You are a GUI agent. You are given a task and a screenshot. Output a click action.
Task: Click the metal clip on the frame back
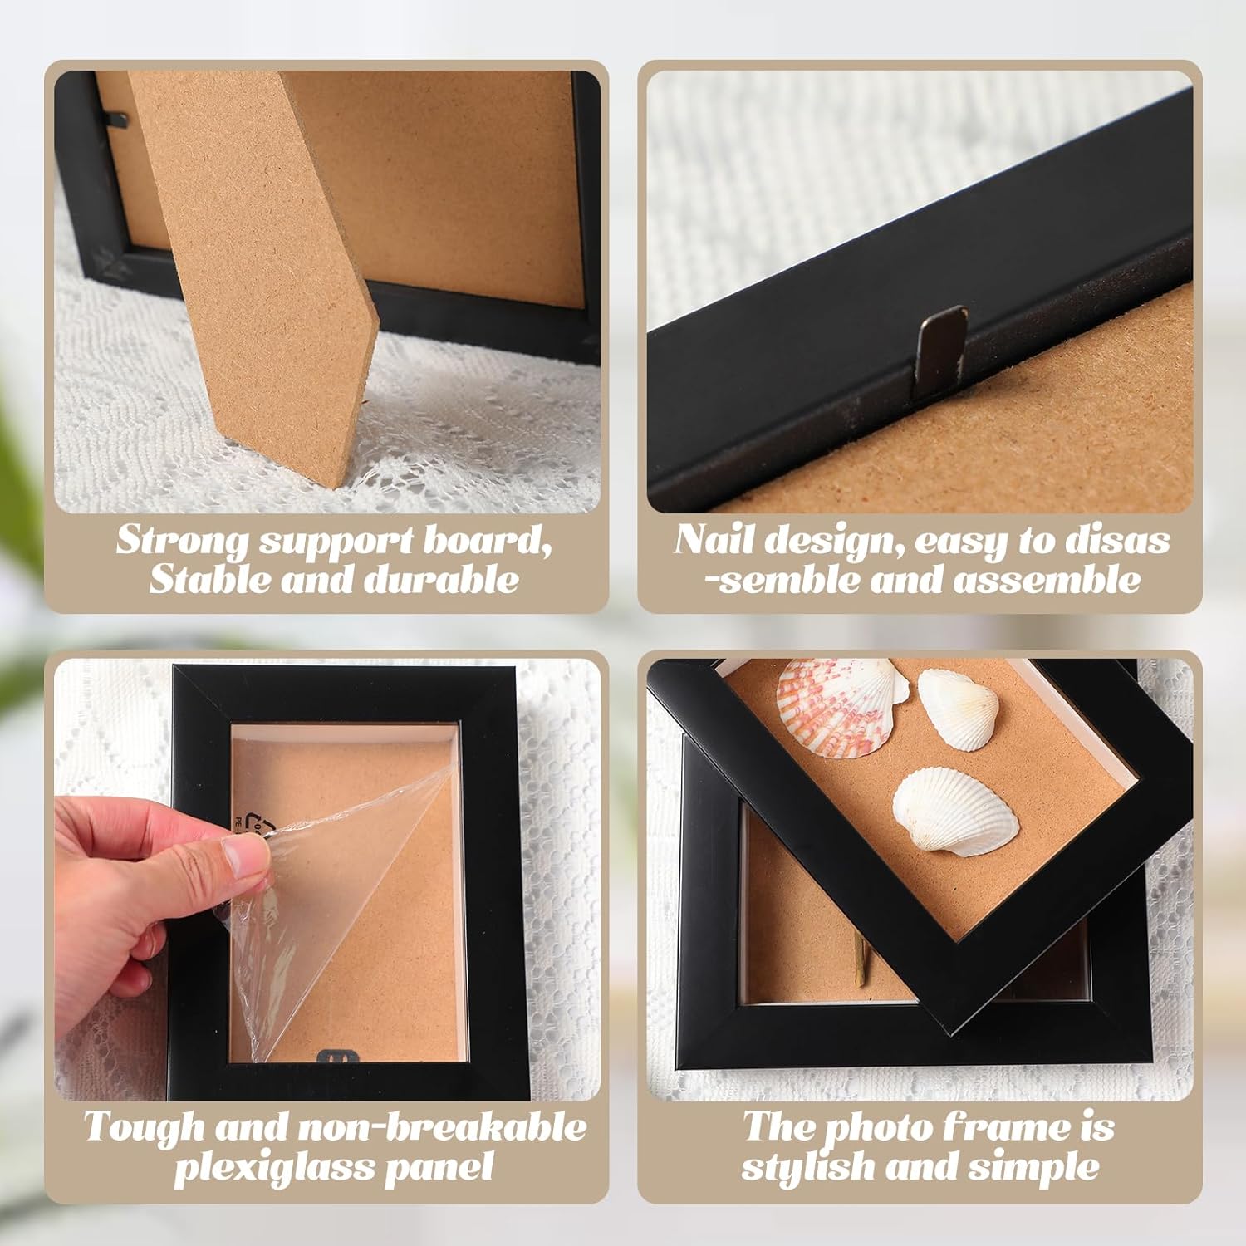pyautogui.click(x=939, y=350)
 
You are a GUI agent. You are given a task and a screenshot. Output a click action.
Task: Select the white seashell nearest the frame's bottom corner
pyautogui.click(x=956, y=813)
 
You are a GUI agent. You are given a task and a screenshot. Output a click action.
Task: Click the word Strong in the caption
pyautogui.click(x=182, y=542)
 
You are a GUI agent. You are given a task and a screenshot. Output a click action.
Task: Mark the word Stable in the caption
pyautogui.click(x=208, y=579)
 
